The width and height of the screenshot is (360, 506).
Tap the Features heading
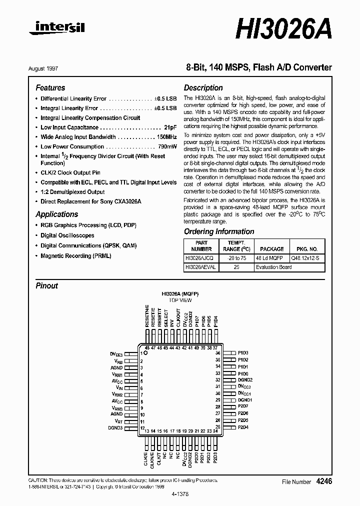[50, 87]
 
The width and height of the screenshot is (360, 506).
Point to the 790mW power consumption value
[166, 146]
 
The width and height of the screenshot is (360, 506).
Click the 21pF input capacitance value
[170, 127]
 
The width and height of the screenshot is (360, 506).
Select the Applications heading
[56, 214]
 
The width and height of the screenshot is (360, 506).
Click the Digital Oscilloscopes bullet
[67, 235]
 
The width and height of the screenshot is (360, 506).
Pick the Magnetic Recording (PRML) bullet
[75, 255]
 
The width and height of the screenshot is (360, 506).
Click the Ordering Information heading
[219, 231]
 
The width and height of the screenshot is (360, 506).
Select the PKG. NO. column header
[306, 248]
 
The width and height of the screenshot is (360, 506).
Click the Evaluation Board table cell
[273, 267]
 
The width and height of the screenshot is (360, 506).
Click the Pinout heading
[46, 286]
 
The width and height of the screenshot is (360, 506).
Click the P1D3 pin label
[243, 353]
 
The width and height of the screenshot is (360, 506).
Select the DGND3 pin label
[115, 427]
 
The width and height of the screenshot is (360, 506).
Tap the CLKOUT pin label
[178, 318]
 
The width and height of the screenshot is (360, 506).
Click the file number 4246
[323, 481]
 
